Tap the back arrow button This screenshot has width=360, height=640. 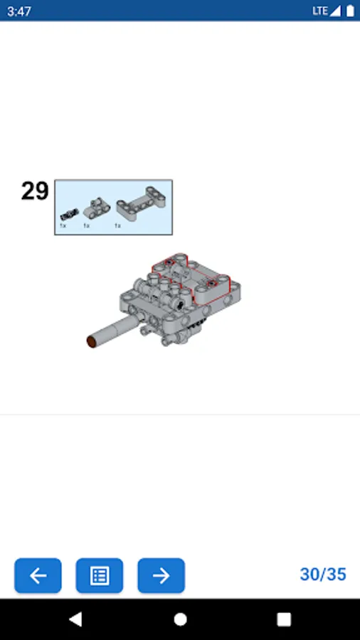point(38,575)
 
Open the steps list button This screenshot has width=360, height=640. point(99,575)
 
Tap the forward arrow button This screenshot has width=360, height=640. point(162,575)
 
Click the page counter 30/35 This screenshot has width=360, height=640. point(323,575)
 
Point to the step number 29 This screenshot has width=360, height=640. point(35,191)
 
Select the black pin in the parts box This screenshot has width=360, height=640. point(69,213)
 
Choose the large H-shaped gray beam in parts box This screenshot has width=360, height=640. point(140,204)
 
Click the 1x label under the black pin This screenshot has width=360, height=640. point(63,225)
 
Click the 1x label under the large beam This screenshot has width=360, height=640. point(117,225)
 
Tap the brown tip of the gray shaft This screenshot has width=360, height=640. point(92,341)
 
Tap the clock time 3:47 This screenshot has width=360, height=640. point(18,11)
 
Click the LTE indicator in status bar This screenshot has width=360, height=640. point(320,11)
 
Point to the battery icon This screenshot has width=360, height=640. point(350,11)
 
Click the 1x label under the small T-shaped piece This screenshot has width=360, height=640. point(86,225)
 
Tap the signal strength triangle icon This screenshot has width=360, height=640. point(335,11)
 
